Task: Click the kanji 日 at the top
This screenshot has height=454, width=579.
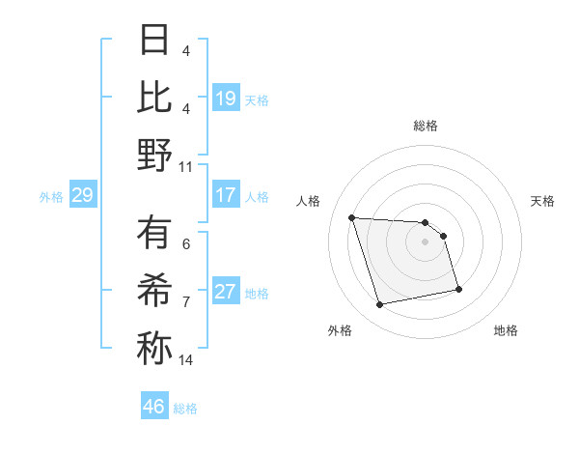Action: pos(154,41)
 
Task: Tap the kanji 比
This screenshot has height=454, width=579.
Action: pos(154,98)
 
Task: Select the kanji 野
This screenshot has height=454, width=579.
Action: pos(154,155)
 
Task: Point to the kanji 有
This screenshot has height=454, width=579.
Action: pos(154,234)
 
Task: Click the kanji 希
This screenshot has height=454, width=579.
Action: pos(154,291)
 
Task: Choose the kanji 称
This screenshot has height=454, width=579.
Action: pos(154,348)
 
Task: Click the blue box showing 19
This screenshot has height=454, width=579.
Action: pos(226,99)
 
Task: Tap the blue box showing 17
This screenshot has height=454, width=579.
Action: pos(226,195)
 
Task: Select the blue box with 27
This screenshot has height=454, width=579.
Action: pos(226,292)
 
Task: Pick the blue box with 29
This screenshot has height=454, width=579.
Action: pos(82,195)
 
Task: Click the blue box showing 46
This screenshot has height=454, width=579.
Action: pos(154,407)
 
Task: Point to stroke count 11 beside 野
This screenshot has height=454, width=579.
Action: pos(187,166)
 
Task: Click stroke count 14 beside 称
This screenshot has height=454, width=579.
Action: pos(187,360)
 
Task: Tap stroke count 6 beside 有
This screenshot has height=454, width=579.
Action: pos(186,245)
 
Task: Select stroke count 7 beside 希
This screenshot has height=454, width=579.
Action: pos(186,302)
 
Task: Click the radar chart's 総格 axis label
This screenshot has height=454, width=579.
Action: pos(426,126)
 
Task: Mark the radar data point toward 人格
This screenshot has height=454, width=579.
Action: pos(352,217)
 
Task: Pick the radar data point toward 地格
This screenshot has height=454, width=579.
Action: pos(458,289)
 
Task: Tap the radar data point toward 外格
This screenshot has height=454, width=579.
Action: pos(380,305)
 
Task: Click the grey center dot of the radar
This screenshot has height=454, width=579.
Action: pos(426,241)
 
